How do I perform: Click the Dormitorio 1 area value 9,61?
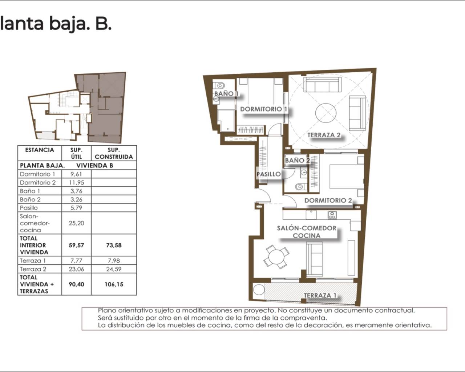click(x=76, y=174)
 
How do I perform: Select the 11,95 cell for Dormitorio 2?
click(x=77, y=182)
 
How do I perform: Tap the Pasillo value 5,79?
click(x=76, y=208)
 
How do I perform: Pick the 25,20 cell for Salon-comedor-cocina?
click(x=77, y=223)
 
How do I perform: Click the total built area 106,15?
click(x=114, y=284)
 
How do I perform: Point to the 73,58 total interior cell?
click(x=114, y=245)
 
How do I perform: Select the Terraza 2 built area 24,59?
click(x=114, y=269)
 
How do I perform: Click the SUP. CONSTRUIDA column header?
click(x=114, y=153)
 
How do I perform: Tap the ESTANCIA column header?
click(x=40, y=150)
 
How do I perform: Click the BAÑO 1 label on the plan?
click(x=226, y=94)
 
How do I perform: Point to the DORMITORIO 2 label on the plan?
click(x=328, y=201)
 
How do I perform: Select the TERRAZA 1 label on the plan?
click(x=320, y=295)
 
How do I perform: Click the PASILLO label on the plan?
click(x=268, y=174)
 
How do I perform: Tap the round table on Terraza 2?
click(x=325, y=113)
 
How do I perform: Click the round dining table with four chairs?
click(x=276, y=257)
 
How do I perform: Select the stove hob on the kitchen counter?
click(x=332, y=215)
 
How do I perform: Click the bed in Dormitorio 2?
click(x=347, y=177)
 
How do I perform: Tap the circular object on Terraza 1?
click(x=259, y=290)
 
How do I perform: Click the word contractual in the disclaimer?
click(x=395, y=310)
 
